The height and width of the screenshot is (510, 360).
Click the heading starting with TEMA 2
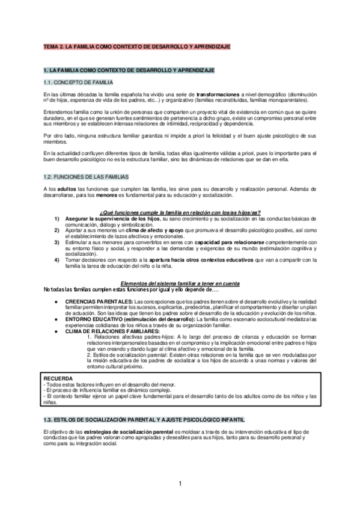pos(136,46)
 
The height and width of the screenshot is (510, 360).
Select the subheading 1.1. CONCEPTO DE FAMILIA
pos(77,82)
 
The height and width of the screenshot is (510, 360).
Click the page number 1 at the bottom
pos(180,483)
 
